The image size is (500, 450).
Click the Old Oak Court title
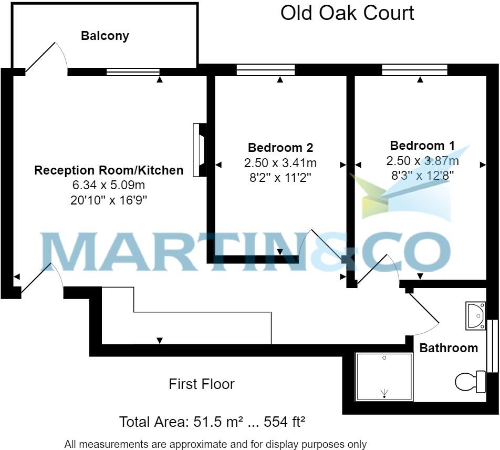click(x=347, y=13)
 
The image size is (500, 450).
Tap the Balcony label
click(x=105, y=36)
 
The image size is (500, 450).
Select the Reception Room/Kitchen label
click(x=109, y=170)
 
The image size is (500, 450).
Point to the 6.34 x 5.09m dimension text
click(x=109, y=185)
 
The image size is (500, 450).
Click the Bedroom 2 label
click(x=280, y=148)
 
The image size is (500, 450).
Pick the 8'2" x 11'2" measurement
click(x=280, y=178)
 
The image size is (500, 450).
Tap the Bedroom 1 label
click(x=422, y=146)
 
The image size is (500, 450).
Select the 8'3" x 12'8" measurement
click(x=422, y=175)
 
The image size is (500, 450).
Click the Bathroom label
click(x=449, y=348)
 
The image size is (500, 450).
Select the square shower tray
click(x=384, y=376)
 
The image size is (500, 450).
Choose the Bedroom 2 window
click(x=266, y=70)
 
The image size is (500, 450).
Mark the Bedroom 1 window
click(x=414, y=70)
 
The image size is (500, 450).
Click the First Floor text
click(x=202, y=384)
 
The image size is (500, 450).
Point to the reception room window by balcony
click(x=133, y=72)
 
